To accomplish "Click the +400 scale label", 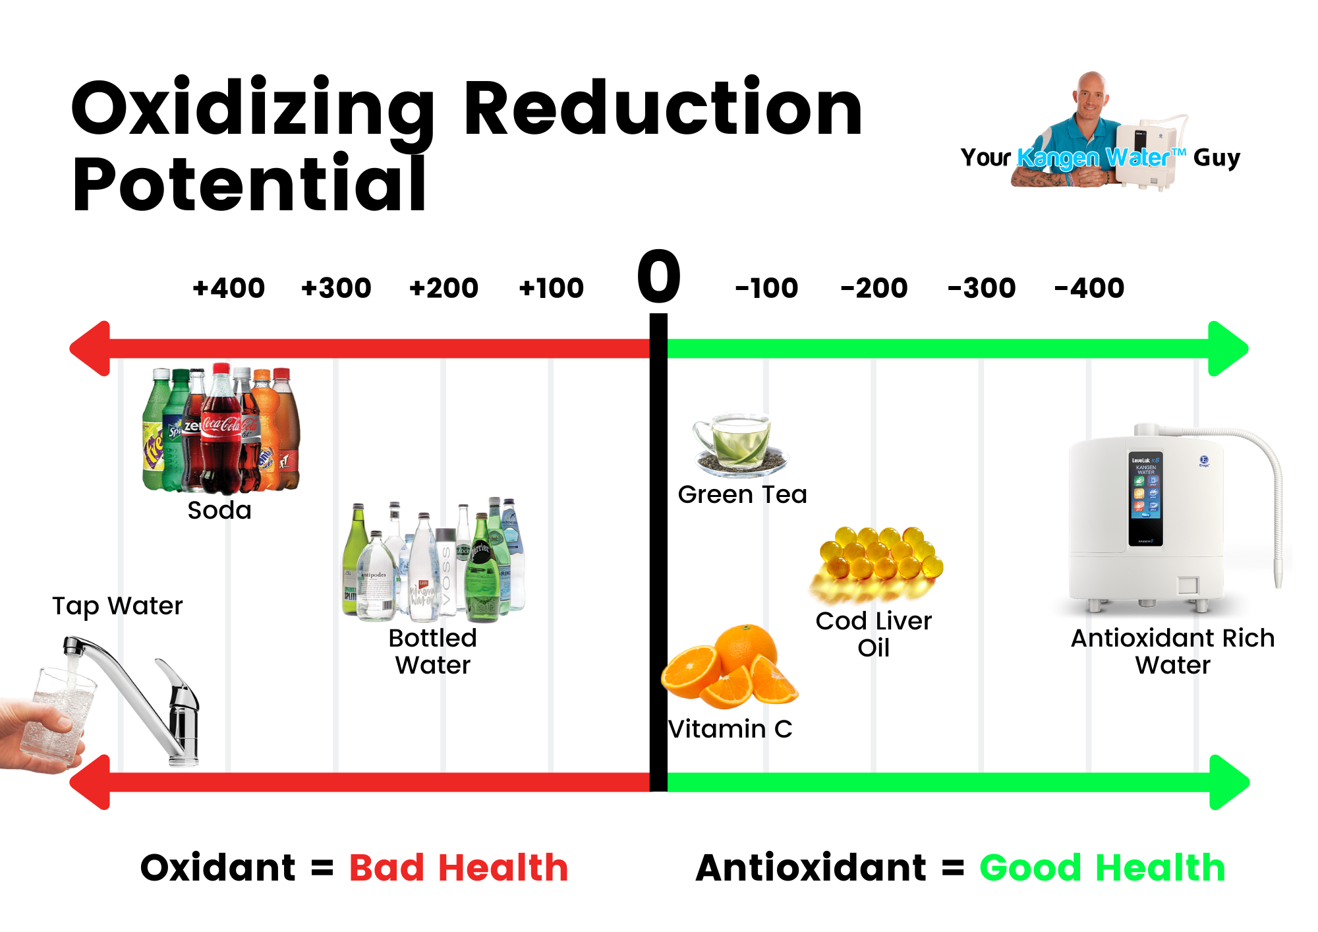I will tap(229, 288).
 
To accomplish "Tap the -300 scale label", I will tap(981, 288).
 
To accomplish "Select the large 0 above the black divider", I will tap(658, 277).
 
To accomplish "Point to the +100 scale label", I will tap(551, 288).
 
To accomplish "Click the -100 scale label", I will tap(766, 288).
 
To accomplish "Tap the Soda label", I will tap(219, 510).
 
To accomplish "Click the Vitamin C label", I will tap(730, 729).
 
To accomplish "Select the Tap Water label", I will tap(117, 606).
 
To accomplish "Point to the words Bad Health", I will tap(459, 867).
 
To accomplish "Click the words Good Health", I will tap(1102, 867).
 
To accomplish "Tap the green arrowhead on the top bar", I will tap(1227, 349).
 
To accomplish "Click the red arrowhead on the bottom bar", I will tap(91, 782).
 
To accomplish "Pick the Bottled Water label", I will tap(433, 651).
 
